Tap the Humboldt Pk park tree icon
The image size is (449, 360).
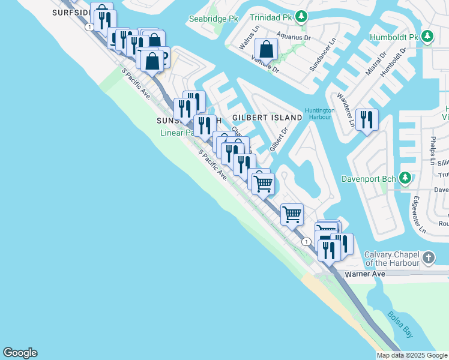pos(427,36)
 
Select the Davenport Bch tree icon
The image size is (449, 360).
pos(406,178)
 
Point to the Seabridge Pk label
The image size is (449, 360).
pos(214,19)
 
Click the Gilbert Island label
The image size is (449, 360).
pos(267,118)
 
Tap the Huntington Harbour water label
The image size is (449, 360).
pos(319,114)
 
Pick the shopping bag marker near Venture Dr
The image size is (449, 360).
pos(267,49)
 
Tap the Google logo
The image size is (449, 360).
pos(20,353)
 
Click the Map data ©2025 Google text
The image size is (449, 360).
pos(411,355)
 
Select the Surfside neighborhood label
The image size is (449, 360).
pos(71,12)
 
